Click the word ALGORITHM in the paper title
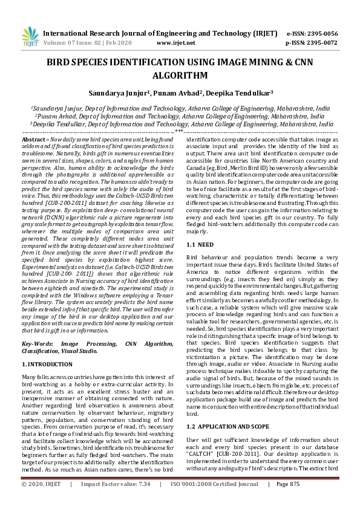180,76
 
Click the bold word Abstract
33,139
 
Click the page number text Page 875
288,501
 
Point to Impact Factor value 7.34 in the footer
143,501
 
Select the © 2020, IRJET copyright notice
42,501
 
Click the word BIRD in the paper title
64,62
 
